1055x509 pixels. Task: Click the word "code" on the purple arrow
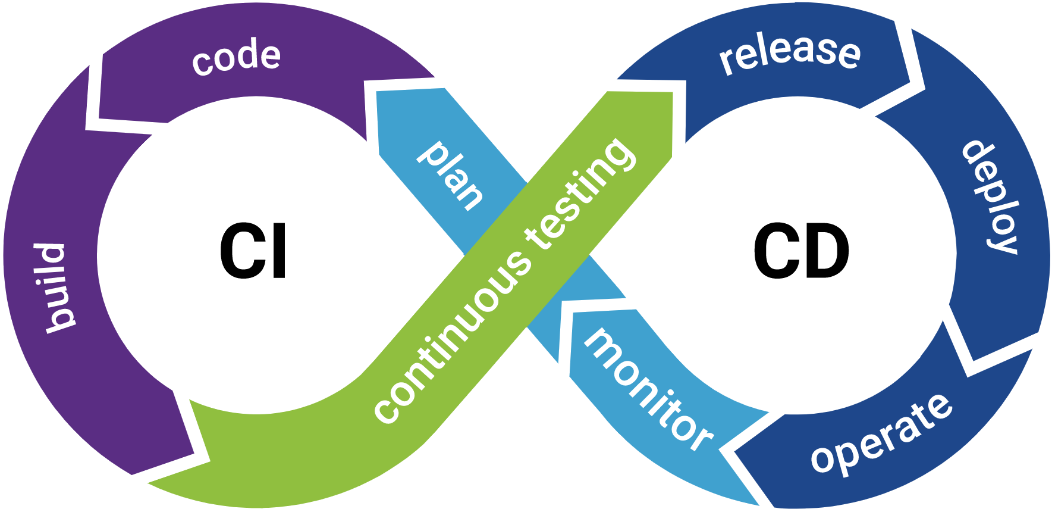coord(236,58)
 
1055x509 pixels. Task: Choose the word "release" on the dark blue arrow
coord(790,52)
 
